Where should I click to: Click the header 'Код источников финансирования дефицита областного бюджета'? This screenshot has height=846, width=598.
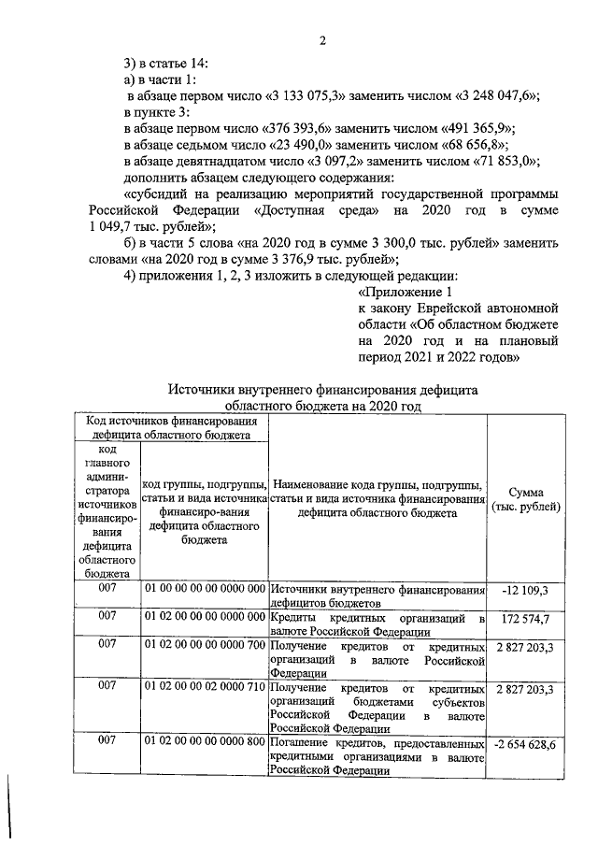tap(175, 428)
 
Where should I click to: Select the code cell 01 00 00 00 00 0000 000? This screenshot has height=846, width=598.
tap(204, 591)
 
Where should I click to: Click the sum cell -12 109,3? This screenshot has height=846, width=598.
tap(526, 591)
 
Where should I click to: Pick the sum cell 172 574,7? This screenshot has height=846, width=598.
tap(526, 619)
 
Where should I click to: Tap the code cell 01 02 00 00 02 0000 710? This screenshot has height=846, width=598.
tap(204, 689)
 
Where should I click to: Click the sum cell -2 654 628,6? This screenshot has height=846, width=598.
tap(526, 744)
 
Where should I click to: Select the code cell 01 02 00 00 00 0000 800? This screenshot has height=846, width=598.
tap(204, 744)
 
